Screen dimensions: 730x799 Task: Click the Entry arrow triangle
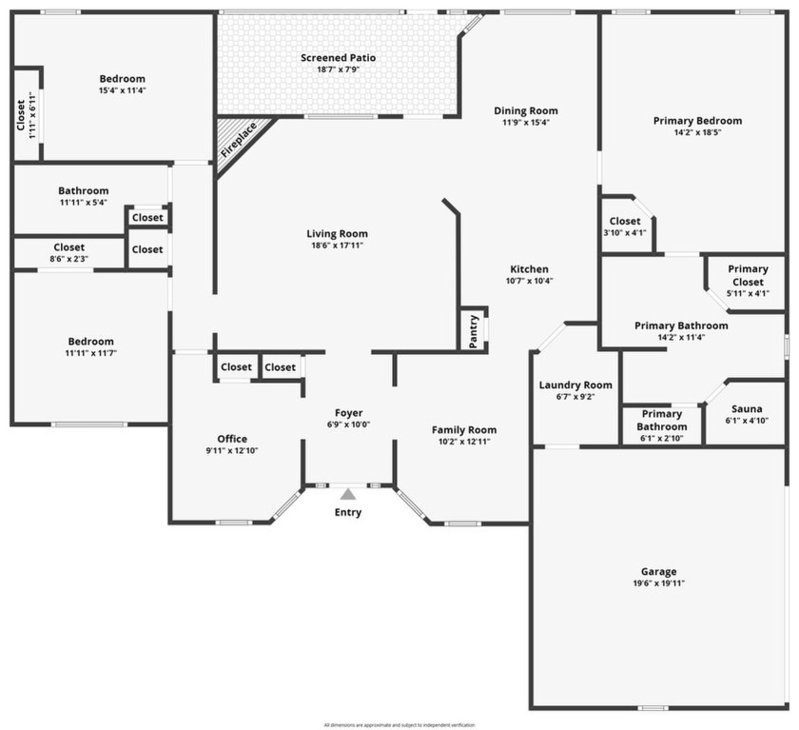coord(348,494)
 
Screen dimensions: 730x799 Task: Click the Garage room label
coord(658,571)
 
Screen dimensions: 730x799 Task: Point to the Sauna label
coord(747,408)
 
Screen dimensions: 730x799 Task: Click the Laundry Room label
coord(575,385)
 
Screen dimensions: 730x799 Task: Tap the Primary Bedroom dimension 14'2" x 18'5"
coord(697,133)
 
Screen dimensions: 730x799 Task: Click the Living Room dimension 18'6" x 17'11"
coord(337,246)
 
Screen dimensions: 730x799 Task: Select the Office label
coord(232,439)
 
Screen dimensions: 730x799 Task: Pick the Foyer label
coord(348,413)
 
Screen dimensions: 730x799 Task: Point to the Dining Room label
coord(526,110)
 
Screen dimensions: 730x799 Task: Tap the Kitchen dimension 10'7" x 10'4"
coord(529,281)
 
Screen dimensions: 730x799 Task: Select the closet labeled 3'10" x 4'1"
coord(625,233)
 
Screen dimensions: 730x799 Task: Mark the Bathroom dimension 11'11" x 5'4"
coord(84,202)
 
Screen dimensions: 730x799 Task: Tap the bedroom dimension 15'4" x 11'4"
coord(122,90)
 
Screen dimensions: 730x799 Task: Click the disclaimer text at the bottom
coord(399,724)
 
